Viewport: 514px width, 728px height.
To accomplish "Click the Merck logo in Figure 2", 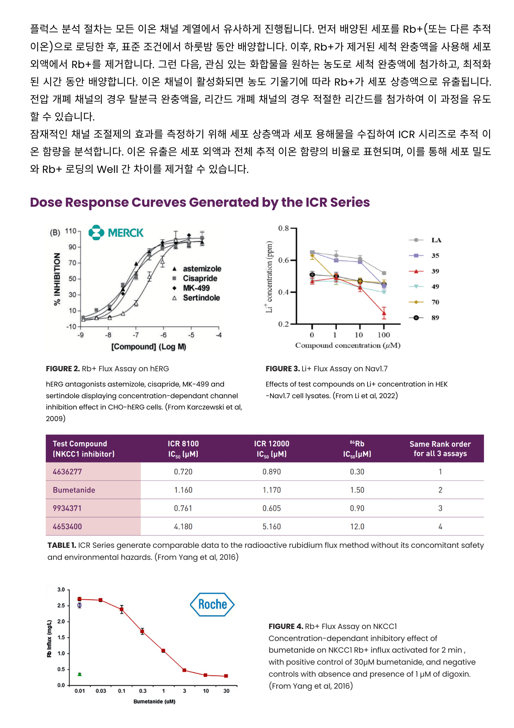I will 116,233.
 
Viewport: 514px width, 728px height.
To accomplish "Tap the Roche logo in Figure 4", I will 212,605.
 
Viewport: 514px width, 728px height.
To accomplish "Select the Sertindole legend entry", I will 201,298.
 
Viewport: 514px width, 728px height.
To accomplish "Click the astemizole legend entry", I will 202,269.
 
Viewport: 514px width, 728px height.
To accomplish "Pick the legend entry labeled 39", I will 435,271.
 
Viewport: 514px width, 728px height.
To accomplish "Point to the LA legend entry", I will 436,240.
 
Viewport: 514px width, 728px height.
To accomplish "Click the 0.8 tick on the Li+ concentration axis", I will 284,228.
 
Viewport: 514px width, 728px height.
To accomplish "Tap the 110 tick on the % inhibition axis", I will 71,231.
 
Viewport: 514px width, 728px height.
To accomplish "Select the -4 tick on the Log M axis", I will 218,335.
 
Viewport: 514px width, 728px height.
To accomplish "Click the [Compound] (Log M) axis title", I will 149,347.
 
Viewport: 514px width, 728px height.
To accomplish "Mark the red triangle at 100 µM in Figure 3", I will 384,313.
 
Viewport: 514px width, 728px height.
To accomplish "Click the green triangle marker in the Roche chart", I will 80,674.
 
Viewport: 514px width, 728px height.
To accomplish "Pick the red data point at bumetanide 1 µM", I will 163,651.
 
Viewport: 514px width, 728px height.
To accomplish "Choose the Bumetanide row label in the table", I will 74,490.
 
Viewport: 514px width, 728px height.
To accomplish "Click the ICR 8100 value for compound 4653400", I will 183,526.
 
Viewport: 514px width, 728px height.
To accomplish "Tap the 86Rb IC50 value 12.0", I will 357,526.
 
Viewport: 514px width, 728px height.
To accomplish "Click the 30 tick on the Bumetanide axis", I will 226,691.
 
